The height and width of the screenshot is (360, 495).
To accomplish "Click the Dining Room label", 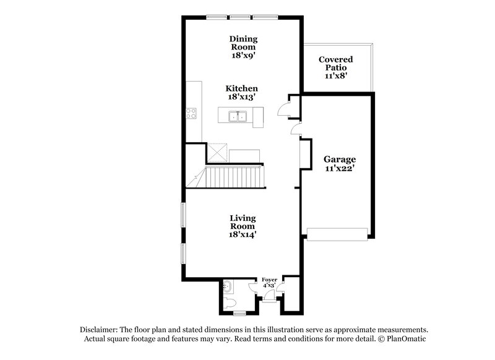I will [243, 42].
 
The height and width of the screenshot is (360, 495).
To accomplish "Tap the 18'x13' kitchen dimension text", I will [241, 97].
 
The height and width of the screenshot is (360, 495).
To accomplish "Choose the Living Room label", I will [243, 223].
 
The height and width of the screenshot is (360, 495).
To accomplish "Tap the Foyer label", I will [270, 280].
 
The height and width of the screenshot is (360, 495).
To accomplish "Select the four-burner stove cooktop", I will [192, 113].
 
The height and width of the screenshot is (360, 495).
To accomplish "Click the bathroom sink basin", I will [228, 287].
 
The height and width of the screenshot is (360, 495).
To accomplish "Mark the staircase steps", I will [234, 177].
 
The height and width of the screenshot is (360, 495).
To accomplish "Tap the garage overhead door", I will [338, 233].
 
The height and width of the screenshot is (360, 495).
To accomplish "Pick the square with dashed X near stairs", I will [218, 152].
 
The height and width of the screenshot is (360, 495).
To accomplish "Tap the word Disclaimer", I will [100, 330].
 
